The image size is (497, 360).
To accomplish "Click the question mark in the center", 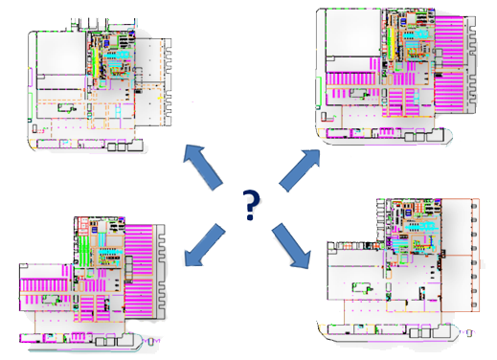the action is [251, 205].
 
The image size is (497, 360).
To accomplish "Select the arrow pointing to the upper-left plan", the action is [203, 168].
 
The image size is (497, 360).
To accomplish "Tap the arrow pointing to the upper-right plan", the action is [300, 169].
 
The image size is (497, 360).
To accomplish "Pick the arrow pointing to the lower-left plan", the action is [204, 245].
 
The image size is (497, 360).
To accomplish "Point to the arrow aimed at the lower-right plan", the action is [291, 245].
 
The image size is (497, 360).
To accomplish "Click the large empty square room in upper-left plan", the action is [61, 53].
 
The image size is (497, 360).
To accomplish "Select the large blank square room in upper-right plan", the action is [353, 33].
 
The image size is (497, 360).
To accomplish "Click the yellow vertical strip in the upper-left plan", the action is [95, 61].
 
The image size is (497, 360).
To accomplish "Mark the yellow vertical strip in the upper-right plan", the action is [390, 44].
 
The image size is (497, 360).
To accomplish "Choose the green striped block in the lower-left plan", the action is [83, 251].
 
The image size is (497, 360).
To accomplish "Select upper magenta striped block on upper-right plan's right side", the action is [449, 41].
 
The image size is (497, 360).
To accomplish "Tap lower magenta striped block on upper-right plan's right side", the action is [449, 93].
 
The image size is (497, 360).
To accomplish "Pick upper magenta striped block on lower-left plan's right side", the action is [139, 249].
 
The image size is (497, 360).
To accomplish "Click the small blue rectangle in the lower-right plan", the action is [408, 213].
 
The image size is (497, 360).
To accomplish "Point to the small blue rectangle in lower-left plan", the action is [94, 230].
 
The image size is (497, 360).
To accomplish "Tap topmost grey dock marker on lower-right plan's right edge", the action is [474, 206].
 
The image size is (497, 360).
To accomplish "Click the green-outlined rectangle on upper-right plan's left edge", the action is [319, 91].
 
